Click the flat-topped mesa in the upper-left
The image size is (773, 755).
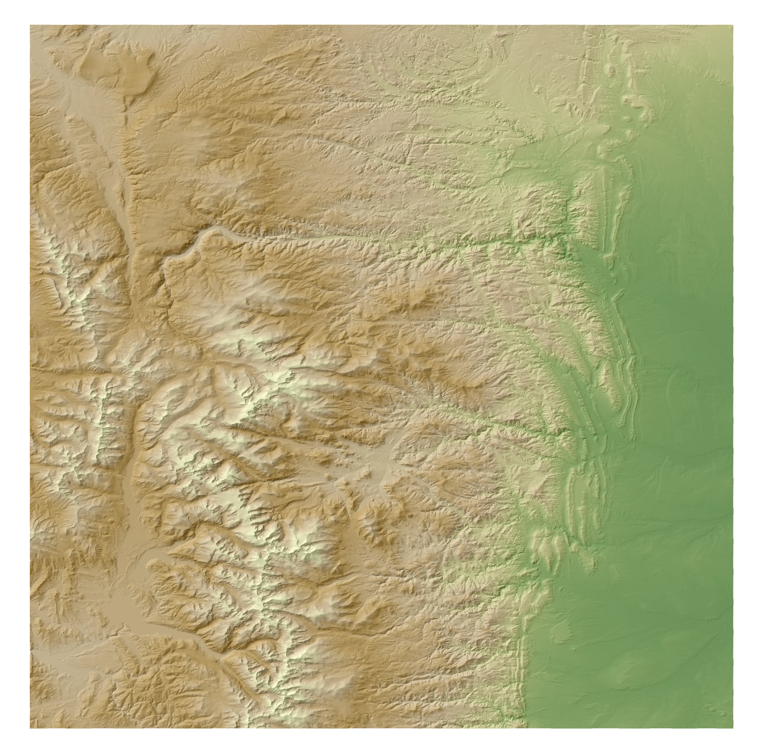click(119, 65)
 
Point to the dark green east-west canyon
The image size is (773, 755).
click(515, 240)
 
